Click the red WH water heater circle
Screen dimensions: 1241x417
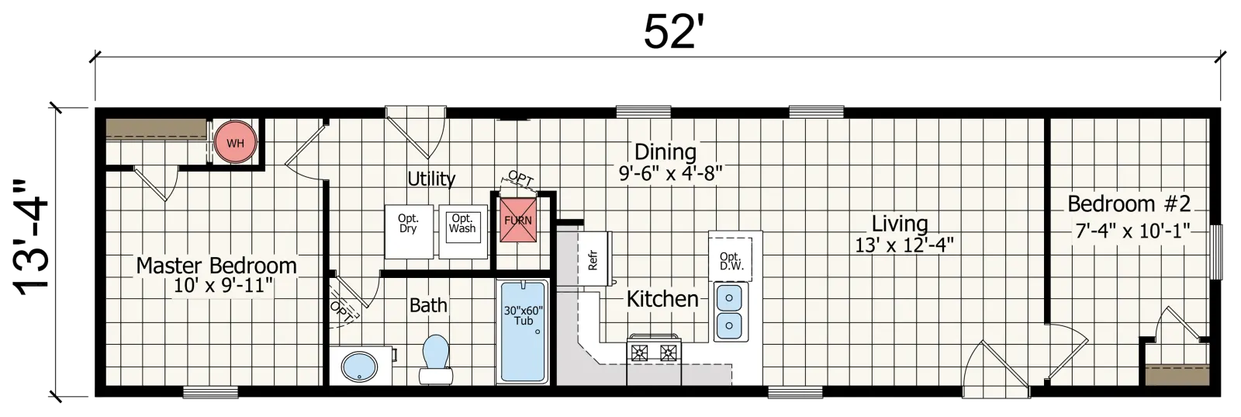click(x=236, y=143)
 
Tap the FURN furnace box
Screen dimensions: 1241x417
click(x=518, y=220)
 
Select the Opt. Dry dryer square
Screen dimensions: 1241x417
click(x=409, y=231)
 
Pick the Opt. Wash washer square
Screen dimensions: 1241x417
click(x=463, y=231)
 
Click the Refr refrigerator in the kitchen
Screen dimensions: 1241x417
click(x=594, y=259)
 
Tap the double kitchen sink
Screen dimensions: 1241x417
click(x=730, y=311)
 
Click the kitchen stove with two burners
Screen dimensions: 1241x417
click(x=654, y=349)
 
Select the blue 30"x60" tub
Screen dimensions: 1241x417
click(x=524, y=332)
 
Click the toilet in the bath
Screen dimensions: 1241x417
click(x=435, y=360)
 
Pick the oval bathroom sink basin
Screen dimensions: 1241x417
click(x=359, y=366)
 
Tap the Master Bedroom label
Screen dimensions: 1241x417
click(x=216, y=266)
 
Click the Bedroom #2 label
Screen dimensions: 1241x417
click(x=1129, y=203)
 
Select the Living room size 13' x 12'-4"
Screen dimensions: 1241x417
click(x=904, y=245)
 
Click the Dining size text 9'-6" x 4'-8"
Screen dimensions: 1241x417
click(x=670, y=173)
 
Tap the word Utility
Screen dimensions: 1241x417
click(x=431, y=179)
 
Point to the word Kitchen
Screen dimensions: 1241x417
click(x=662, y=299)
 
